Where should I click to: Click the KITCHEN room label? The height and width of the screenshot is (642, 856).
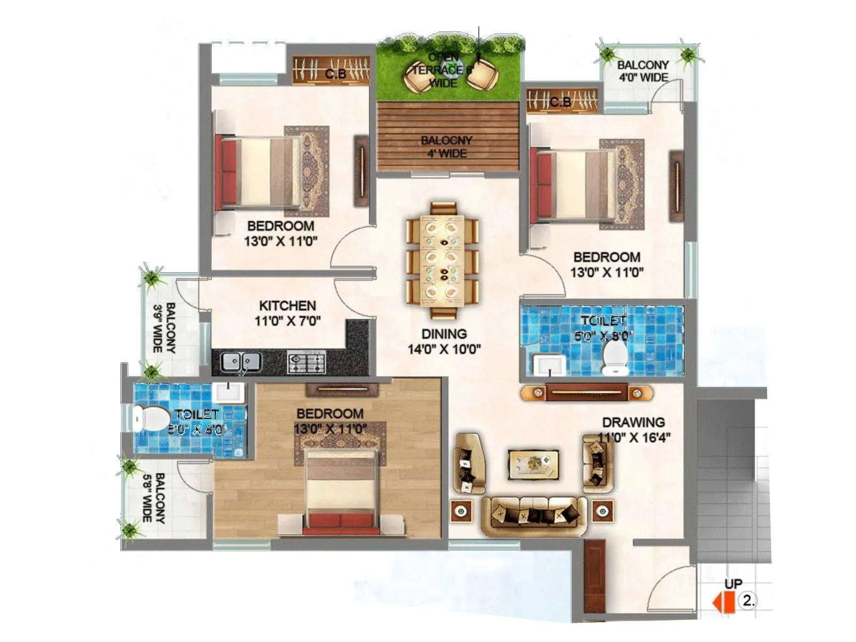(x=287, y=306)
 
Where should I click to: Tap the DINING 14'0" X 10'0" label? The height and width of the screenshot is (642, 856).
(x=444, y=341)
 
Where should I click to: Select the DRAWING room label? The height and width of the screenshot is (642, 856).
(x=633, y=422)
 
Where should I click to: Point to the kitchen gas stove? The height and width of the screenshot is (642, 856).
(x=307, y=363)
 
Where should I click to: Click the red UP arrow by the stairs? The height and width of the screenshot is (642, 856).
(x=720, y=601)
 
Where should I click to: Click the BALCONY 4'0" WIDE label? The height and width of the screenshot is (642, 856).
(x=643, y=71)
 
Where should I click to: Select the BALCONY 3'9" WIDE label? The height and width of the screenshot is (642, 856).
(x=164, y=327)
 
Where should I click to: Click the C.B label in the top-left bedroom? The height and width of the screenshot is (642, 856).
(x=335, y=74)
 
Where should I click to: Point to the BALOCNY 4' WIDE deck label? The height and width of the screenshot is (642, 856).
(x=447, y=147)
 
